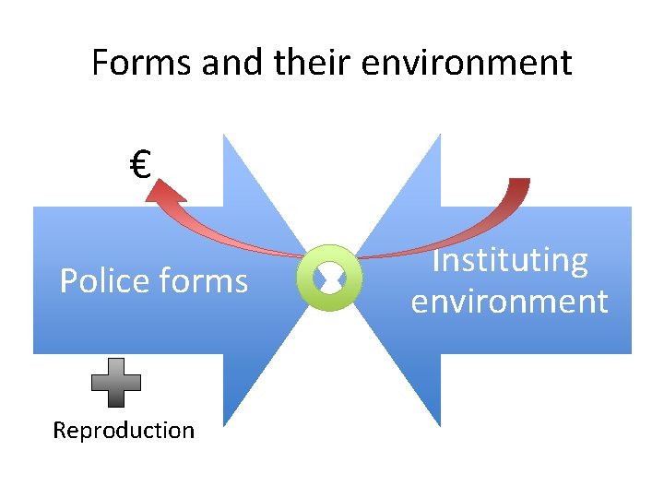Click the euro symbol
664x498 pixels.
tap(140, 167)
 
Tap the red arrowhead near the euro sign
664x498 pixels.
tap(167, 191)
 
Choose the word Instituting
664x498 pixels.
tap(509, 261)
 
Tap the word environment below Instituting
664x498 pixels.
tap(509, 302)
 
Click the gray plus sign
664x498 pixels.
tap(116, 383)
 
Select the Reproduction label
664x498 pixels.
tap(124, 431)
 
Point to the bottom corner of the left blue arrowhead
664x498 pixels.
tap(224, 423)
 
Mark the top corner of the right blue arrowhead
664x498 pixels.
tap(439, 136)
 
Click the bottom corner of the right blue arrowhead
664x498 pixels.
tap(439, 424)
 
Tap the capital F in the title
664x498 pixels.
tap(101, 63)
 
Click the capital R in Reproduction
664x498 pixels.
tap(59, 431)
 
